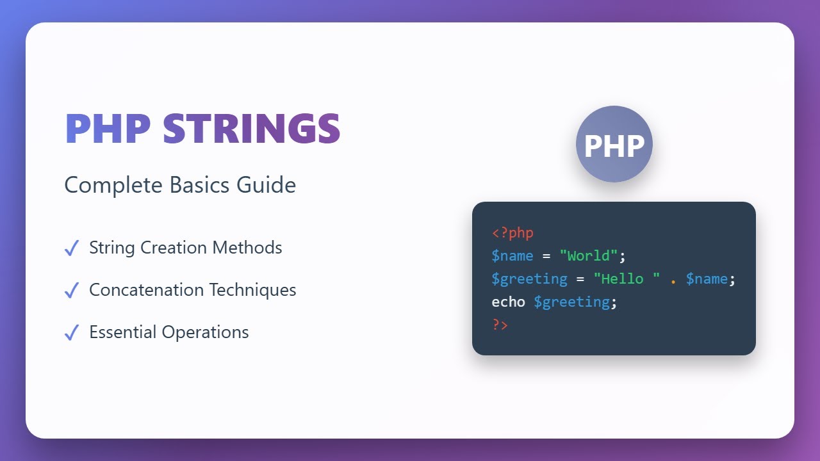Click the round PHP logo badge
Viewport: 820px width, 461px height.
[x=614, y=144]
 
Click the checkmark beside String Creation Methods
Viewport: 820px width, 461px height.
[x=72, y=248]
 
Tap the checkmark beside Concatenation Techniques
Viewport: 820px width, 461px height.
[x=72, y=290]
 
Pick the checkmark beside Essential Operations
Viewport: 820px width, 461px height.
[x=72, y=332]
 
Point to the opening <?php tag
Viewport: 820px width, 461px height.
[x=512, y=233]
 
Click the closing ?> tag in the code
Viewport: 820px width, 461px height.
[x=500, y=325]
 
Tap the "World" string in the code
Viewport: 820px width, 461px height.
[x=588, y=256]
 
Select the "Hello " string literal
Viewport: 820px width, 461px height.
[x=626, y=279]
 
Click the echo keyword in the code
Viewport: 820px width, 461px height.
[x=509, y=302]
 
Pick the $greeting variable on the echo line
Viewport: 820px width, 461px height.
[x=571, y=302]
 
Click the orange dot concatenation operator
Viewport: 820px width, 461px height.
[x=673, y=280]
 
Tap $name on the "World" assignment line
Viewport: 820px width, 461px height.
[x=512, y=256]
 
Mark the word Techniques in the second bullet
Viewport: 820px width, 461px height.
[x=252, y=290]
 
